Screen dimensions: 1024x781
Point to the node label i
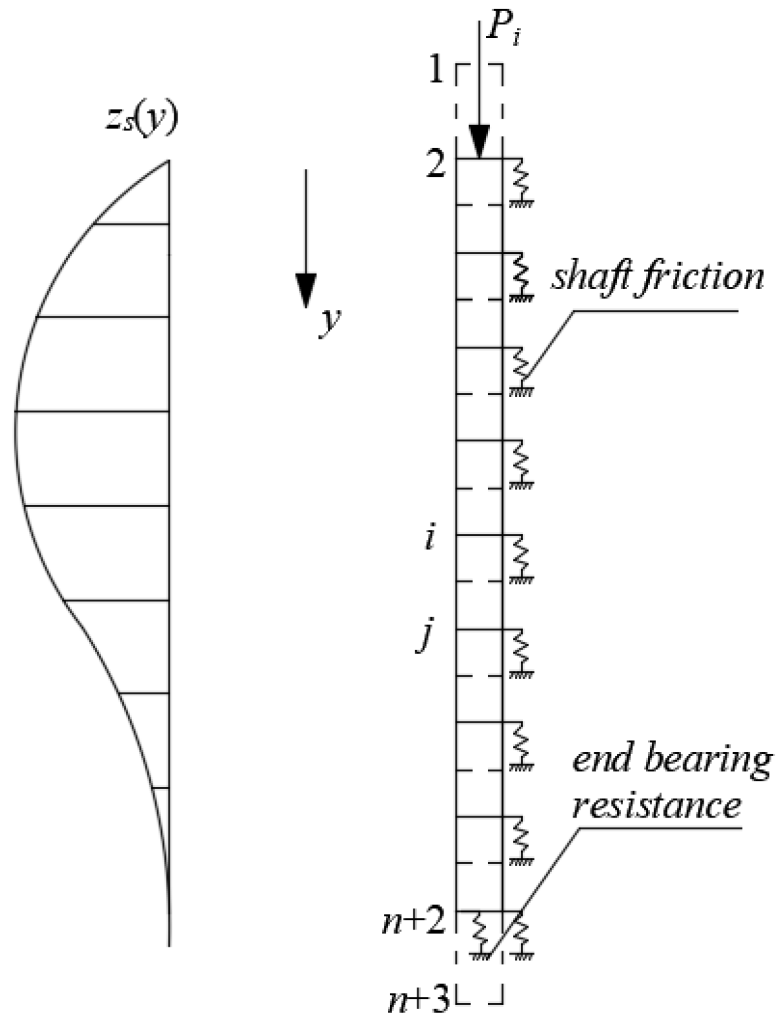[429, 539]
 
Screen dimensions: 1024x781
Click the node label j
[427, 635]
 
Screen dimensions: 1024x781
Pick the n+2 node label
[415, 922]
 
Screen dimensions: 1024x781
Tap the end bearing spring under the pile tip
[480, 933]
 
